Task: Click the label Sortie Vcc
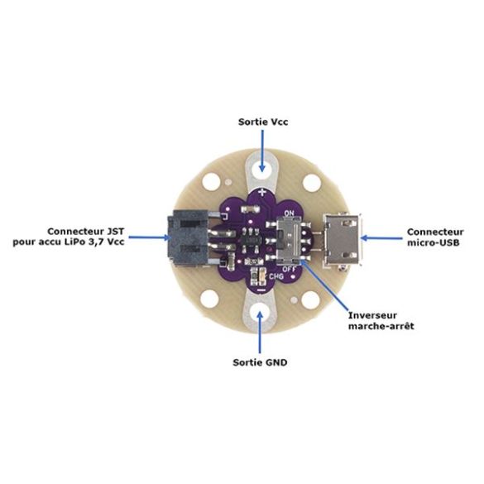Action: click(263, 122)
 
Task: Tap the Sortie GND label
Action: click(260, 362)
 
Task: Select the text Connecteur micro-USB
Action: click(435, 237)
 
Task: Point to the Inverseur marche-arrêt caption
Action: click(381, 321)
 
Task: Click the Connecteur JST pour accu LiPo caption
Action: click(69, 237)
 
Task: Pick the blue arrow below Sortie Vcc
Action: click(262, 151)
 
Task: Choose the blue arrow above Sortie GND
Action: click(260, 332)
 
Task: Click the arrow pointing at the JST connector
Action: click(150, 237)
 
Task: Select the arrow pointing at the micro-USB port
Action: click(381, 238)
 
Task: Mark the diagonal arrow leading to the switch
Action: click(324, 285)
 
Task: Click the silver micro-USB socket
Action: click(343, 239)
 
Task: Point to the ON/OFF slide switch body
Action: click(290, 240)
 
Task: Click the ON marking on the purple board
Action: click(289, 213)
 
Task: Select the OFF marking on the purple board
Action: click(290, 269)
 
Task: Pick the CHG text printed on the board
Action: click(276, 276)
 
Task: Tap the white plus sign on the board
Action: click(261, 193)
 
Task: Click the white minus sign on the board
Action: click(261, 290)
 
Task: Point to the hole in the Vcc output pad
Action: click(262, 168)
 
